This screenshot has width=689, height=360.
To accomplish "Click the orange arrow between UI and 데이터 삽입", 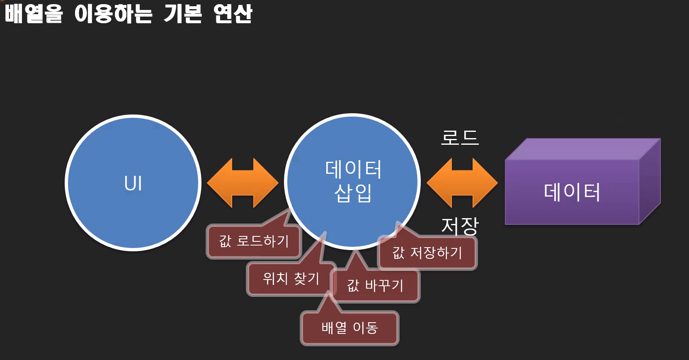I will tap(243, 183).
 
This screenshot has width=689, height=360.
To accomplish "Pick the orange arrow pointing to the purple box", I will tap(462, 183).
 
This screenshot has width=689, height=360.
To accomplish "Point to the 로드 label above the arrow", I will tap(460, 138).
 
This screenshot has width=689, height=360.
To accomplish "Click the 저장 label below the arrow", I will tap(460, 226).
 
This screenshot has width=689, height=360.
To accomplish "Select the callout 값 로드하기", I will tap(254, 241).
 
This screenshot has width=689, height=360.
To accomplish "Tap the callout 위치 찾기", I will tap(291, 279).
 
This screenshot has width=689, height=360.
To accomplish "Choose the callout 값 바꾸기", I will tap(375, 286).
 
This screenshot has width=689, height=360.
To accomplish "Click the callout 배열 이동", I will tap(349, 328).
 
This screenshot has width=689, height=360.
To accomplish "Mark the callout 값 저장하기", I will tap(427, 253).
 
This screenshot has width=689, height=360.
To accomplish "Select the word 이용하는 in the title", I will tap(113, 13).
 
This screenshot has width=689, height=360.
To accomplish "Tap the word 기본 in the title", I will tap(183, 13).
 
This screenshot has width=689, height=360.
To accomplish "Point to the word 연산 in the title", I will tap(233, 13).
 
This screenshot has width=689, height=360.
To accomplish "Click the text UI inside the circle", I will tap(133, 183).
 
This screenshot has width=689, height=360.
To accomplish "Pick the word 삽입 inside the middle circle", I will tap(353, 193).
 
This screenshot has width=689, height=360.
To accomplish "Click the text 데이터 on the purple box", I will tap(572, 192).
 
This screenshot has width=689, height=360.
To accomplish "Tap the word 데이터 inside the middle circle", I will tap(353, 169).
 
